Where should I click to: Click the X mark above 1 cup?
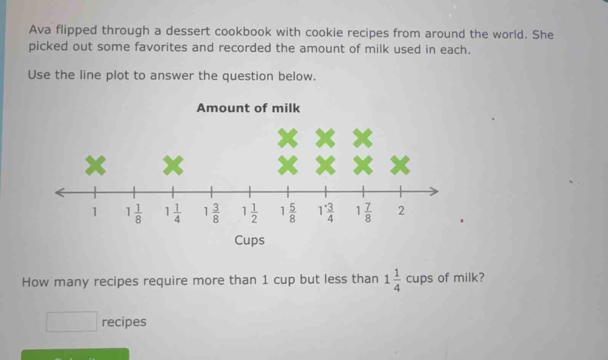pos(95,166)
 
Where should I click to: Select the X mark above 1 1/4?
pos(173,165)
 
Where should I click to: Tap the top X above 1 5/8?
pos(288,138)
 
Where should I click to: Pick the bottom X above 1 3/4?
pos(325,165)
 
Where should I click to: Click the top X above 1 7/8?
pos(363,138)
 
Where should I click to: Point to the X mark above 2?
pos(400,165)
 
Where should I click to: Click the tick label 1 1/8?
pos(134,214)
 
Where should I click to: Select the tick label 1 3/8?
pos(212,213)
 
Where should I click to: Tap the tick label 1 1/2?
pos(250,213)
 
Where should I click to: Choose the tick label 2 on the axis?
pos(401,211)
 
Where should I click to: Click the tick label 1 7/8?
pos(364,213)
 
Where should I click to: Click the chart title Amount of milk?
pos(248,108)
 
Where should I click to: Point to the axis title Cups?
pos(250,240)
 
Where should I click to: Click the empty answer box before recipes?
pos(72,322)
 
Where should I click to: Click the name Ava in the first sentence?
pos(40,30)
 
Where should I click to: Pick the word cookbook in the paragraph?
pos(243,32)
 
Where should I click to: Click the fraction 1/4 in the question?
pos(397,280)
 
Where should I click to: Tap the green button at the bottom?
pos(75,354)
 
